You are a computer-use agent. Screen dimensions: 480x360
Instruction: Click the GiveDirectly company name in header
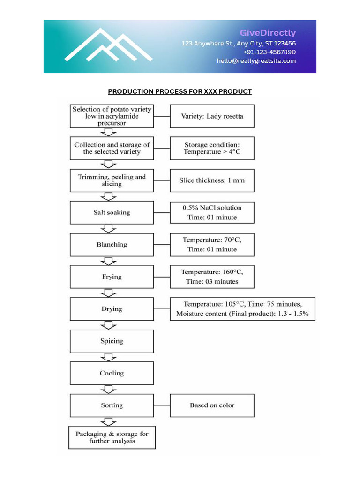coord(268,33)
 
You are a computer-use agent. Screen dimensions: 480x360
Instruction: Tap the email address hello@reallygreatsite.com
coord(256,61)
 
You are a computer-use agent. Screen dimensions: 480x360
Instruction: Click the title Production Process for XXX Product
coord(180,91)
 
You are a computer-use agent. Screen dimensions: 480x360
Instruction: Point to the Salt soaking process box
coord(112,212)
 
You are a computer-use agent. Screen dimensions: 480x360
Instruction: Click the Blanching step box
coord(112,245)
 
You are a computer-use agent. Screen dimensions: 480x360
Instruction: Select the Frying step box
coord(112,277)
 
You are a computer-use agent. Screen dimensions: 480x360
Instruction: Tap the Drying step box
coord(112,309)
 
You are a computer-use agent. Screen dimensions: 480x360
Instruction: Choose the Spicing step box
coord(112,341)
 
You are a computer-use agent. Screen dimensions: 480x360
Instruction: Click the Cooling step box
coord(112,373)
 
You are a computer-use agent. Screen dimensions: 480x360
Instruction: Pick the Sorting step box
coord(112,405)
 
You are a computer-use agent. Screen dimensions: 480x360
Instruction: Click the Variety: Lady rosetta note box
coord(212,116)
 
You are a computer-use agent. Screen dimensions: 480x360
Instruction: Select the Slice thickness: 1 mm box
coord(212,180)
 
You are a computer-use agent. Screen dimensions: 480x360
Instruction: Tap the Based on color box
coord(212,405)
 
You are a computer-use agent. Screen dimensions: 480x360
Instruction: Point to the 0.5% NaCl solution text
coord(212,207)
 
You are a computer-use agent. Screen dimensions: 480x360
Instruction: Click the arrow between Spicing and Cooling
coord(109,357)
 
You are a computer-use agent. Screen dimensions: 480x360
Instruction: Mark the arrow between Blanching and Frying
coord(109,261)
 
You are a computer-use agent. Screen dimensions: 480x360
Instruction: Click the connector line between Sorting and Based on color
coord(162,405)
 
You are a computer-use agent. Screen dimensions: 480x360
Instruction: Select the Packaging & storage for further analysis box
coord(112,437)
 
